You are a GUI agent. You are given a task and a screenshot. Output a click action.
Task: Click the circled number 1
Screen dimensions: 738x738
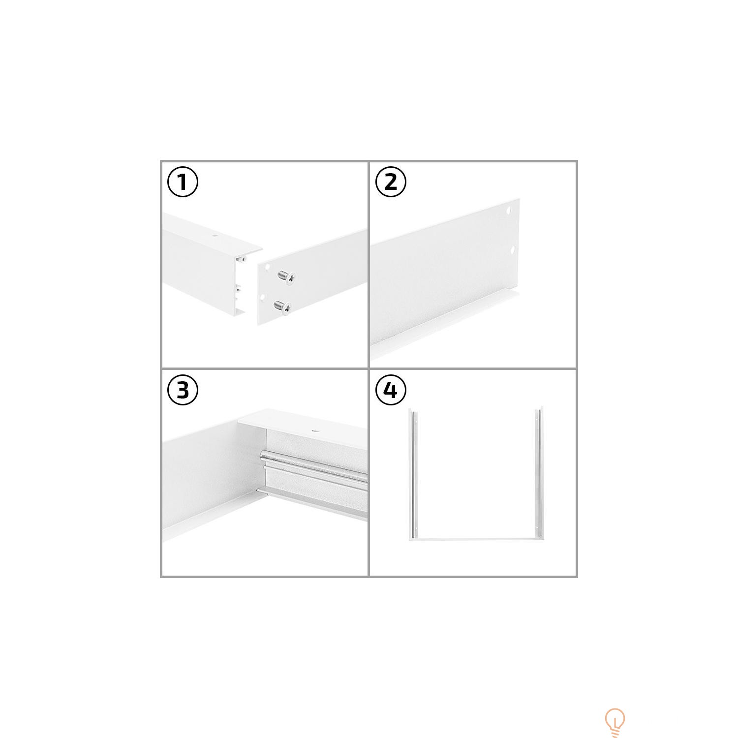pyautogui.click(x=183, y=182)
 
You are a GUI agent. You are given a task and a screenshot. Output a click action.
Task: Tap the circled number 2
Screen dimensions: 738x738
pyautogui.click(x=391, y=182)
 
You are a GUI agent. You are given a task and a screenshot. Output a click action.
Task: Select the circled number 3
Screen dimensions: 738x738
pyautogui.click(x=183, y=390)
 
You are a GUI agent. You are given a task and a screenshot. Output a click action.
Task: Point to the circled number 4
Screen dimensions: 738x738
pyautogui.click(x=391, y=390)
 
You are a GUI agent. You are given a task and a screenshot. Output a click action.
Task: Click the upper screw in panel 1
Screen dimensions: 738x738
pyautogui.click(x=286, y=277)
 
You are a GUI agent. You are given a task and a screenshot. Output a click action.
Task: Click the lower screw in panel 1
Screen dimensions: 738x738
pyautogui.click(x=282, y=307)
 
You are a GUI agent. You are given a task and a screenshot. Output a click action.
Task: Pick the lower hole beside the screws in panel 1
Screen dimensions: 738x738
pyautogui.click(x=263, y=297)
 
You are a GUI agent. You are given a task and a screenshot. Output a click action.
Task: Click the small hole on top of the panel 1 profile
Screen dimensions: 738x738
pyautogui.click(x=215, y=236)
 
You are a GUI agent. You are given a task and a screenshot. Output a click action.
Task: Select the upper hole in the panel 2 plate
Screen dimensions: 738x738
pyautogui.click(x=510, y=212)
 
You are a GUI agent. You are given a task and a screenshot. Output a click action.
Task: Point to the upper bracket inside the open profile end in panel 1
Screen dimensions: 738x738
pyautogui.click(x=242, y=257)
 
